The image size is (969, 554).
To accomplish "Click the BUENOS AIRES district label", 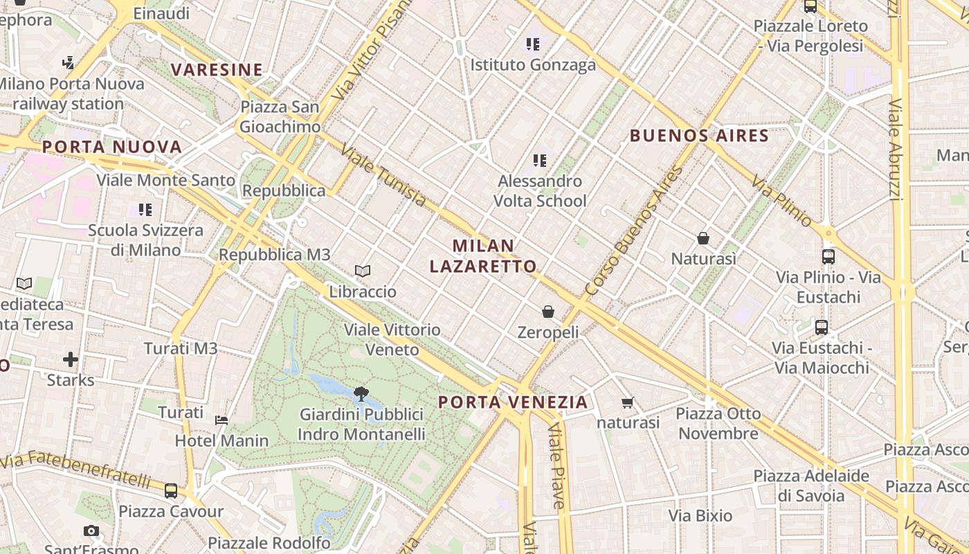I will [699, 136].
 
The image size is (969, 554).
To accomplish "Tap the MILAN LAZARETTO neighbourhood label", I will [483, 256].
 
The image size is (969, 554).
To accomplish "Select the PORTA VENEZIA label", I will [513, 402].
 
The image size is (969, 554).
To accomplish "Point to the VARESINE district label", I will [217, 70].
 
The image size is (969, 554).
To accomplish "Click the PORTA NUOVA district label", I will [112, 147].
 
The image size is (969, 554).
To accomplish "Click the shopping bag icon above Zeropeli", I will [548, 312].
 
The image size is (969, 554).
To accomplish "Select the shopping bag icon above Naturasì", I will [703, 238].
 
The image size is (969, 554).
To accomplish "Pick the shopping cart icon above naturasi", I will [628, 402].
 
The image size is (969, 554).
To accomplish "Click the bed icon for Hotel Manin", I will [221, 420].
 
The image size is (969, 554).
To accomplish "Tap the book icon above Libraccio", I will [363, 271].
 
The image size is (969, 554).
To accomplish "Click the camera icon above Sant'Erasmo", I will [91, 531].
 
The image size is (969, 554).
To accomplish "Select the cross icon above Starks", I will [71, 359].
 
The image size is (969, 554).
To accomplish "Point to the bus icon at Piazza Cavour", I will [171, 491].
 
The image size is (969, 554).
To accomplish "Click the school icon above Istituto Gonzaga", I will [533, 44].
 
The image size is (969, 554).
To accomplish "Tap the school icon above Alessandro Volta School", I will [540, 161].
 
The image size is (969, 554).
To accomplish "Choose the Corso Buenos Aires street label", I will [633, 231].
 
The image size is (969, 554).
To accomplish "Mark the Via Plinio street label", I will [782, 202].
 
